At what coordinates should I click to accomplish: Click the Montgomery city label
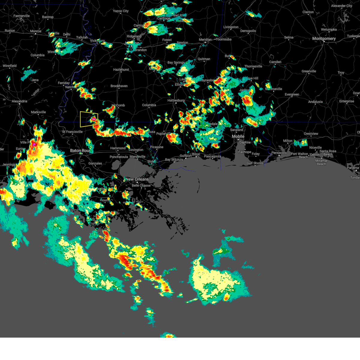tap(324, 39)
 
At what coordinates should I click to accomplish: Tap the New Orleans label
tap(137, 179)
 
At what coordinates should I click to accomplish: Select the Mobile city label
tap(238, 136)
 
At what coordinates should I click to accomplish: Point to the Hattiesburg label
tap(176, 100)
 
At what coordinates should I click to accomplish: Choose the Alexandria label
tap(19, 101)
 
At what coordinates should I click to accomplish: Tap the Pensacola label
tap(279, 153)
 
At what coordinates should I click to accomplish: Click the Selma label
tap(289, 37)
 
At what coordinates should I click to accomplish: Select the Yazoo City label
tap(121, 11)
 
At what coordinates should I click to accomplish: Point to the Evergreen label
tap(292, 94)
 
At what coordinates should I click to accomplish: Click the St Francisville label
tap(72, 132)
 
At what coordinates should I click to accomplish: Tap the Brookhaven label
tap(119, 86)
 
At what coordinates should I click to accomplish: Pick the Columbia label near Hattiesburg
tap(149, 105)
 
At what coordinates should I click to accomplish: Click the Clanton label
tap(308, 12)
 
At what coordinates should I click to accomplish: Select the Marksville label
tap(38, 112)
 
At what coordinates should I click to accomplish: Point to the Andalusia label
tap(315, 102)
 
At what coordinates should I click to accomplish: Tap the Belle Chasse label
tap(141, 186)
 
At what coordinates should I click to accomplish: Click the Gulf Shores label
tap(255, 163)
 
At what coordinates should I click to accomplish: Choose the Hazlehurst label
tap(121, 70)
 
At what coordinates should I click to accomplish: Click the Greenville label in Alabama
tap(309, 71)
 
